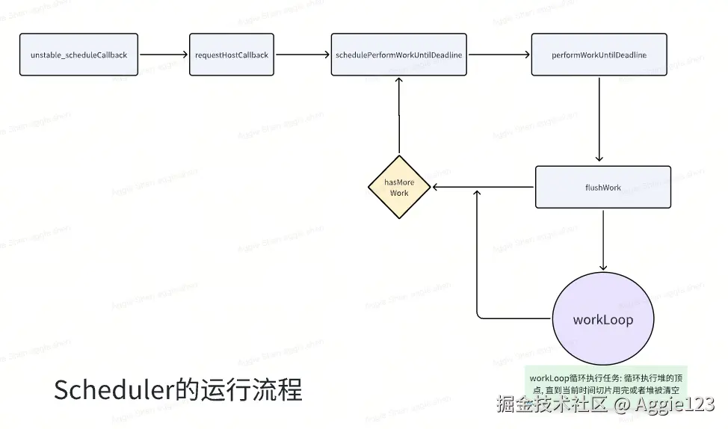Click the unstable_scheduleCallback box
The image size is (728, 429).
(78, 55)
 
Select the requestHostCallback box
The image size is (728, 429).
(231, 55)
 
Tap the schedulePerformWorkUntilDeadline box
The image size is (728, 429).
(398, 55)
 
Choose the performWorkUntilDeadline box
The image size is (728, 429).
(599, 55)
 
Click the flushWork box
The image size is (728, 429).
(602, 187)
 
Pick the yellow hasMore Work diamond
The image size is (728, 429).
(399, 188)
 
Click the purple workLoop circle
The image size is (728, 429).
(602, 320)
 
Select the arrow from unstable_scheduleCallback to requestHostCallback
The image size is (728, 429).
(164, 55)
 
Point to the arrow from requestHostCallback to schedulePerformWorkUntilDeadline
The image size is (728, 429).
(303, 55)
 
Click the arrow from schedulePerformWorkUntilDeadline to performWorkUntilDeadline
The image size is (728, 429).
(499, 55)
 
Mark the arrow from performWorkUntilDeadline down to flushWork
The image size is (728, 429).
(599, 120)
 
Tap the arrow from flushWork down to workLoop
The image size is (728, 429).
(603, 239)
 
